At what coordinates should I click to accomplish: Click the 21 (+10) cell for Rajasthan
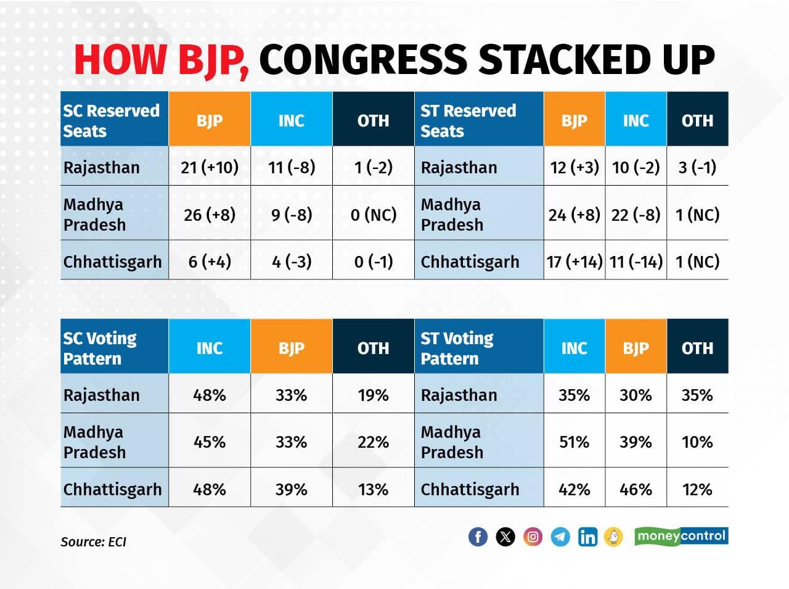click(x=210, y=167)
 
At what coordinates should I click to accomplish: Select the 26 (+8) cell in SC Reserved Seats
click(x=210, y=215)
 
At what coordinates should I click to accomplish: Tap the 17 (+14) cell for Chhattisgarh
click(x=574, y=262)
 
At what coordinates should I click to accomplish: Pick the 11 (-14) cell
click(x=636, y=262)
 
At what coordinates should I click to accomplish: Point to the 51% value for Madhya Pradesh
click(x=574, y=442)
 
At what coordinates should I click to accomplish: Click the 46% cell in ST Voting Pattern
click(x=636, y=489)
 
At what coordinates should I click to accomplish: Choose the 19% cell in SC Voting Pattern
click(x=373, y=395)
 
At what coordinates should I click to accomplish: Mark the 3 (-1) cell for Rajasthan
click(x=697, y=167)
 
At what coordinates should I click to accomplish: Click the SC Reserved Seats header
click(x=112, y=120)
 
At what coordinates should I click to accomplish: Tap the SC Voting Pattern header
click(x=100, y=348)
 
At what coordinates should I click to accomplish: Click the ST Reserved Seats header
click(x=468, y=120)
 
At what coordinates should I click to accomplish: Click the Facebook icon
click(x=478, y=537)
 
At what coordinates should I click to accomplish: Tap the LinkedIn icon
click(x=587, y=537)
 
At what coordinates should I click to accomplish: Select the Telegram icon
click(x=560, y=537)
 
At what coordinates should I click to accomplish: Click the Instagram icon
click(x=533, y=537)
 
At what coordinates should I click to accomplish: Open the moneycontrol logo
click(x=681, y=536)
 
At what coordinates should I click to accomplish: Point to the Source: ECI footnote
click(x=93, y=542)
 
